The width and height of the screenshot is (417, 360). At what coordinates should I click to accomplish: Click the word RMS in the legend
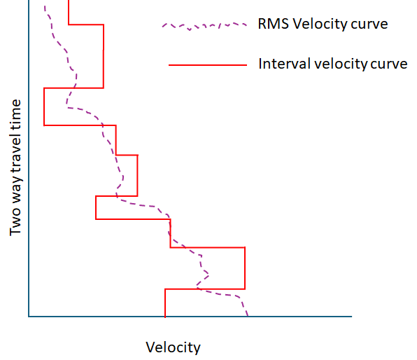pos(271,25)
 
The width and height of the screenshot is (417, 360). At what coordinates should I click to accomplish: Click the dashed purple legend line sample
pos(204,26)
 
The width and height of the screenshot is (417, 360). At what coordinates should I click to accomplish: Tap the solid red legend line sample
pos(208,65)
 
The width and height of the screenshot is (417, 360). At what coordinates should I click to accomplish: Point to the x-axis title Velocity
pos(173,347)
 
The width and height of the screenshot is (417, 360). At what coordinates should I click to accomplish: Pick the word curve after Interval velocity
pos(389,64)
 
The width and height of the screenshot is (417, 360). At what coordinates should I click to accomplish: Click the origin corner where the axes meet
pos(29,317)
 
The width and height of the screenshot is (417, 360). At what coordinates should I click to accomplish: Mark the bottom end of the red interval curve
pos(165,316)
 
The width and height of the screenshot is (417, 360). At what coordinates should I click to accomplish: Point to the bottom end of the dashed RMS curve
pos(247,315)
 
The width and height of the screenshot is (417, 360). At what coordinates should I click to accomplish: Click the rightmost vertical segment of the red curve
pos(245,268)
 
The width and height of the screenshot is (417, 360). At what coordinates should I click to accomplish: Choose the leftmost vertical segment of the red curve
pos(44,106)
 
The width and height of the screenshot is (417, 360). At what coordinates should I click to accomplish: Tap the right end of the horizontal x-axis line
pos(351,317)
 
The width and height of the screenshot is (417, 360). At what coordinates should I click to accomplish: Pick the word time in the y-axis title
pos(16,114)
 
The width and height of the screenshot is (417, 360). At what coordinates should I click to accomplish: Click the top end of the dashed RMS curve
pos(45,6)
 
